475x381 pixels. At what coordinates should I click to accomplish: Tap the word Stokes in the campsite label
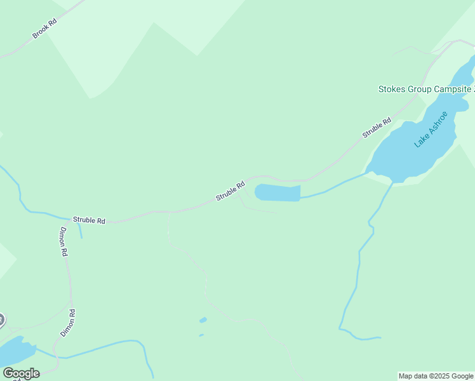(392, 89)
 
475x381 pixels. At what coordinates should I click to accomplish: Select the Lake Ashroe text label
(431, 129)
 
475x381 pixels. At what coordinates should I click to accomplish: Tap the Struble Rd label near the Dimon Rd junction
(89, 220)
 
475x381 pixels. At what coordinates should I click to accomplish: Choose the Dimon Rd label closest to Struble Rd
(64, 241)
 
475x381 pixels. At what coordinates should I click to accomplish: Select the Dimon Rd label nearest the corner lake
(68, 323)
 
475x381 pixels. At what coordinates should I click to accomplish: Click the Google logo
(21, 373)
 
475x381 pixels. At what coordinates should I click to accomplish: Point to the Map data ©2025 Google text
(436, 376)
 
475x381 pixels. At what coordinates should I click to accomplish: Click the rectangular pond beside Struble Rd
(278, 193)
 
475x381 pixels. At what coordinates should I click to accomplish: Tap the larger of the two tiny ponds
(203, 319)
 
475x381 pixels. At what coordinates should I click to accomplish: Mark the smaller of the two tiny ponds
(201, 335)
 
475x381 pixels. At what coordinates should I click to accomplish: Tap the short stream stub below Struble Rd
(80, 230)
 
